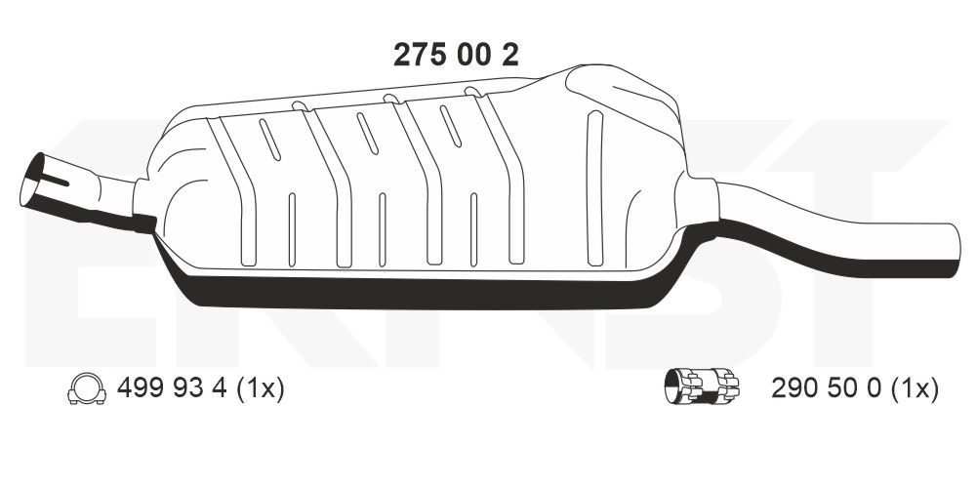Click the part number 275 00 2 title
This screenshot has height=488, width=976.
[x=455, y=55]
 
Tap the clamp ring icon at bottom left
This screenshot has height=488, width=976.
[x=86, y=389]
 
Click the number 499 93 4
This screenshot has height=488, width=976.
[x=172, y=389]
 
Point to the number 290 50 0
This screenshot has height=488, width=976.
[x=826, y=389]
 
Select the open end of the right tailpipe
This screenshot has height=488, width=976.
[x=950, y=239]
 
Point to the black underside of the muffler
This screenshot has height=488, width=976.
[x=410, y=290]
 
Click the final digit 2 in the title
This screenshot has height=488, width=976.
[x=508, y=55]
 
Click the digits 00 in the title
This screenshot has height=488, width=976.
[x=469, y=55]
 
